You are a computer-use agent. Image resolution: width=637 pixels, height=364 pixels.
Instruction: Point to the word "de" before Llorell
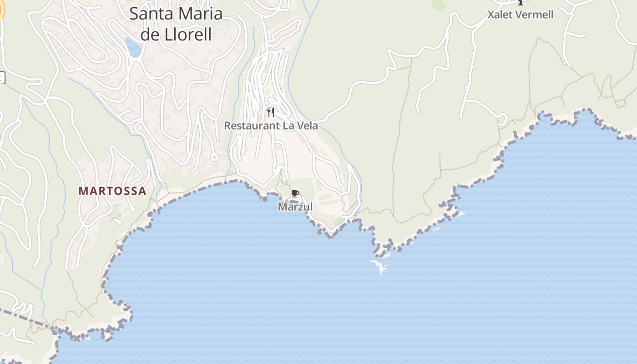(x=149, y=35)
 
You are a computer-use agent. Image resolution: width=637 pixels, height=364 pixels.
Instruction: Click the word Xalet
(x=500, y=15)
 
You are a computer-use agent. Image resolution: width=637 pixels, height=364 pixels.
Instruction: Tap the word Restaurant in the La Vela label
(x=252, y=126)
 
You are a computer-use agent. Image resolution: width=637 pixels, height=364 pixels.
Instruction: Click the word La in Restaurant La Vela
(x=288, y=126)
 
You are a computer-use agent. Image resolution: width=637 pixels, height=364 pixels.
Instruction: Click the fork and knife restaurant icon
(x=271, y=112)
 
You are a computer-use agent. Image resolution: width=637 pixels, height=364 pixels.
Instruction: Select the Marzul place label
(x=295, y=207)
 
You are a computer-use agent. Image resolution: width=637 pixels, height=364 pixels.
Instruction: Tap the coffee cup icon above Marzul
(x=295, y=194)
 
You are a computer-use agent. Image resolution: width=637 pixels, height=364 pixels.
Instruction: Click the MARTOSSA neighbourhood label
(x=112, y=191)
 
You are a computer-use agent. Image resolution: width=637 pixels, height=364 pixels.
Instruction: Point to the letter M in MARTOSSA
(x=83, y=191)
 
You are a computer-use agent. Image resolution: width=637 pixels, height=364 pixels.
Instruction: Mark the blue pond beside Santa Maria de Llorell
(x=133, y=47)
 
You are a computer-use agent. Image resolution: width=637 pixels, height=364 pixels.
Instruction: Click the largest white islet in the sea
(x=379, y=266)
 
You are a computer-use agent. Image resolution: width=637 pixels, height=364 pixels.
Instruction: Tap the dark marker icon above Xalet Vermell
(x=521, y=2)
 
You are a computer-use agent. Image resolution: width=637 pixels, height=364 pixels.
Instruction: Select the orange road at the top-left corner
(x=1, y=10)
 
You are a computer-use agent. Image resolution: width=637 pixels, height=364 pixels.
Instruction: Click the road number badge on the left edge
(x=1, y=78)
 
